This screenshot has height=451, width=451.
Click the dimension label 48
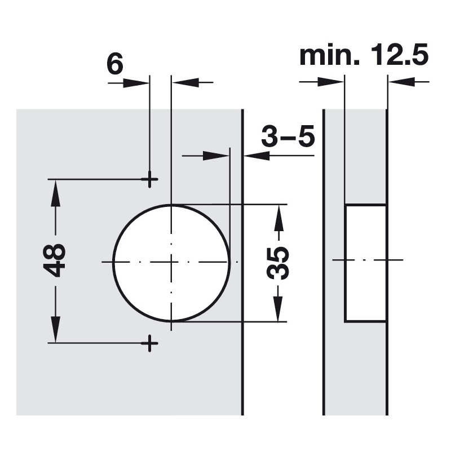pos(55,260)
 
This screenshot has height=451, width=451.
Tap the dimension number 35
pos(277,263)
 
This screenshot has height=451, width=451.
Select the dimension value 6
pos(114,65)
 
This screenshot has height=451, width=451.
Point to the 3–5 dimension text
pos(288,137)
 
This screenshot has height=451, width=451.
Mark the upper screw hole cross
pos(149,179)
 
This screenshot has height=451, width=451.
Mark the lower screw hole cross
pos(149,342)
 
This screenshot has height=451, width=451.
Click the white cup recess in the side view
pos(365,263)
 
